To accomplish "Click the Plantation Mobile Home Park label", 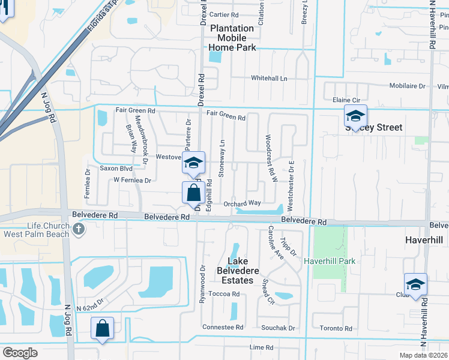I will tap(232, 38).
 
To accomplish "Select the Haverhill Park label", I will tap(330, 261).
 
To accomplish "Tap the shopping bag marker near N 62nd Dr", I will tap(102, 329).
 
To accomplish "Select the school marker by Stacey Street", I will tap(355, 116).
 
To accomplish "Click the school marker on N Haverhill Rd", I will tap(415, 285).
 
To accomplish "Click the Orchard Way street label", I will tap(242, 203).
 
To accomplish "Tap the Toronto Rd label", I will tap(336, 328).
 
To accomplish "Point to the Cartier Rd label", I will tap(224, 15).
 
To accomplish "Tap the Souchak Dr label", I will tap(278, 328).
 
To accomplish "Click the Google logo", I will tap(20, 353).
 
